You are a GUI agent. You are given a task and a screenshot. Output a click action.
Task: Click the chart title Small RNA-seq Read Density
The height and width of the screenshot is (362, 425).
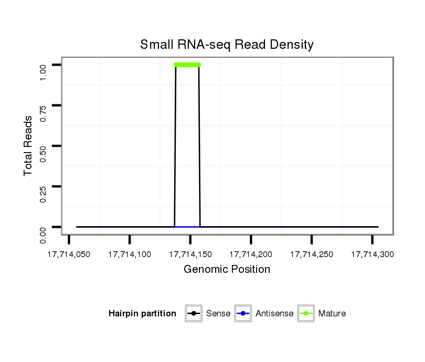(227, 45)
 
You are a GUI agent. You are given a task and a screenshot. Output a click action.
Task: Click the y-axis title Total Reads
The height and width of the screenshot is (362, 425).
(28, 146)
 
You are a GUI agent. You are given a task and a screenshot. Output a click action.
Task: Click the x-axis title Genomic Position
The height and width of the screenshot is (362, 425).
(227, 270)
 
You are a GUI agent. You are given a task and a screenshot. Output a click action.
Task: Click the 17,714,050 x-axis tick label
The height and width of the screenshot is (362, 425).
(69, 254)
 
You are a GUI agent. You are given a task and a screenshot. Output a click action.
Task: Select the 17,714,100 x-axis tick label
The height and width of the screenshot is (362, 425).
(130, 254)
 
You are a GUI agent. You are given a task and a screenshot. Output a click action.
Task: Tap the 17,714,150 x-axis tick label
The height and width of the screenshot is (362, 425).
(190, 254)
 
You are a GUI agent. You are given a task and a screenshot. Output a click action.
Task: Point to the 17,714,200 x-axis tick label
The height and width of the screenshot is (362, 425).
(251, 254)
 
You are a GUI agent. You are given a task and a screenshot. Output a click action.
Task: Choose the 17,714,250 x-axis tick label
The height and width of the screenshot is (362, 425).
(312, 254)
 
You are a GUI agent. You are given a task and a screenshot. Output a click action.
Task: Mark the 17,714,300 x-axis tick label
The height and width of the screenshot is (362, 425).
(372, 254)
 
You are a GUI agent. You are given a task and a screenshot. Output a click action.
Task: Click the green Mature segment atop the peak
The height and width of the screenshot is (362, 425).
(187, 65)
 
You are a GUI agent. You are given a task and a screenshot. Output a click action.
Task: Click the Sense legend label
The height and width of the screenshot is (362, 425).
(218, 314)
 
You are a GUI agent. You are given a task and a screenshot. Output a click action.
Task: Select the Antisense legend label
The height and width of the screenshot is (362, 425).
(274, 314)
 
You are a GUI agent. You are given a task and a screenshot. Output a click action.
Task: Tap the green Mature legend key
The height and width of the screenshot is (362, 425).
(306, 314)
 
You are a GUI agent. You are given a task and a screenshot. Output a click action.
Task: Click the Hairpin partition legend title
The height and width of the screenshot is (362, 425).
(142, 314)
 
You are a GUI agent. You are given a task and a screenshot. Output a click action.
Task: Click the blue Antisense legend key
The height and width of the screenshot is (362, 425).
(243, 314)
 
